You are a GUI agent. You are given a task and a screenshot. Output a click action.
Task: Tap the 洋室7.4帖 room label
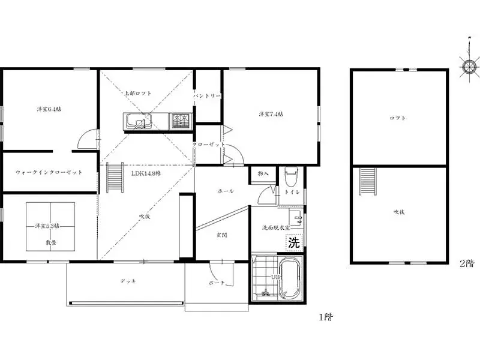click(x=271, y=114)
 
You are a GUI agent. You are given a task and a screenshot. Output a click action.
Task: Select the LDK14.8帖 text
click(x=146, y=173)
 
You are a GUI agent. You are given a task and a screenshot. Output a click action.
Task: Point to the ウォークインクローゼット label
click(x=49, y=172)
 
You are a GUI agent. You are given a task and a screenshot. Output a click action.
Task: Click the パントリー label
click(x=208, y=96)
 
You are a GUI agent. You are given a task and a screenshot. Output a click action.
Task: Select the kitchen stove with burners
click(x=180, y=122)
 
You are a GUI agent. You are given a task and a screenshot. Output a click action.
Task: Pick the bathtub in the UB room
click(x=289, y=278)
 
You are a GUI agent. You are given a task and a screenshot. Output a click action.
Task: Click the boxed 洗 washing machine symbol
click(x=293, y=243)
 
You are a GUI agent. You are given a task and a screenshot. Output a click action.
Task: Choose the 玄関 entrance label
click(x=221, y=235)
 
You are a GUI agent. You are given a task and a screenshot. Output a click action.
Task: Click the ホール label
click(x=226, y=191)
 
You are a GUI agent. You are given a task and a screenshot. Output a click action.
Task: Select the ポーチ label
click(x=217, y=283)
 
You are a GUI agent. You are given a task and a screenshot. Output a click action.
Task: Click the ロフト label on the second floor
click(x=398, y=118)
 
